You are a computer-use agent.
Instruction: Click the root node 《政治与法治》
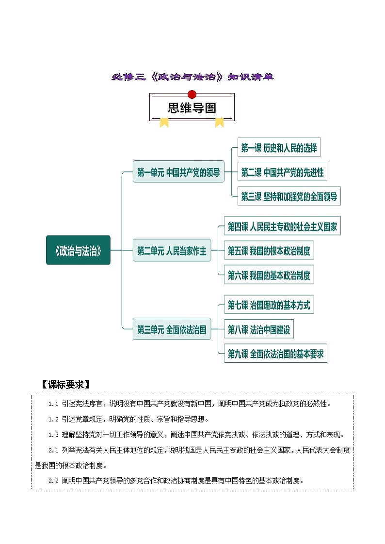(x=78, y=250)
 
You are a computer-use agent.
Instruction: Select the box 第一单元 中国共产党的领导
(x=178, y=171)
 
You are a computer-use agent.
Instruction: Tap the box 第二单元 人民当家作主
(x=172, y=251)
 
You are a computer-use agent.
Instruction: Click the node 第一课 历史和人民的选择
(x=279, y=148)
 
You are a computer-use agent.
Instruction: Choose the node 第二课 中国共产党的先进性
(x=282, y=172)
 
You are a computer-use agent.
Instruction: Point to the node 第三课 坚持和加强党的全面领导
(x=289, y=197)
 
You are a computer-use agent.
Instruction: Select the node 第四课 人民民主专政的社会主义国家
(x=282, y=226)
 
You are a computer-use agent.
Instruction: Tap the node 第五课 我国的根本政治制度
(x=269, y=251)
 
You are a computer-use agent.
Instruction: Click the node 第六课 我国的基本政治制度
(x=269, y=276)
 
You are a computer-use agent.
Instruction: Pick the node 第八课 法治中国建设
(x=259, y=330)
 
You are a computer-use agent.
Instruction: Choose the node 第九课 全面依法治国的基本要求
(x=275, y=354)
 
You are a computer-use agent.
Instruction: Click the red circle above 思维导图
(x=192, y=94)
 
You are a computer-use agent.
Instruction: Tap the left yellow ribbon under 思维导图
(x=164, y=123)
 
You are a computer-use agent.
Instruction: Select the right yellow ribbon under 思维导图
(x=220, y=123)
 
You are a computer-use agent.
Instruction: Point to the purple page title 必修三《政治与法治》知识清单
(x=192, y=77)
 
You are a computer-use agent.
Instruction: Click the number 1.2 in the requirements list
(x=53, y=419)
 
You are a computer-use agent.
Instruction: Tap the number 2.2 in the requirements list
(x=53, y=481)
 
